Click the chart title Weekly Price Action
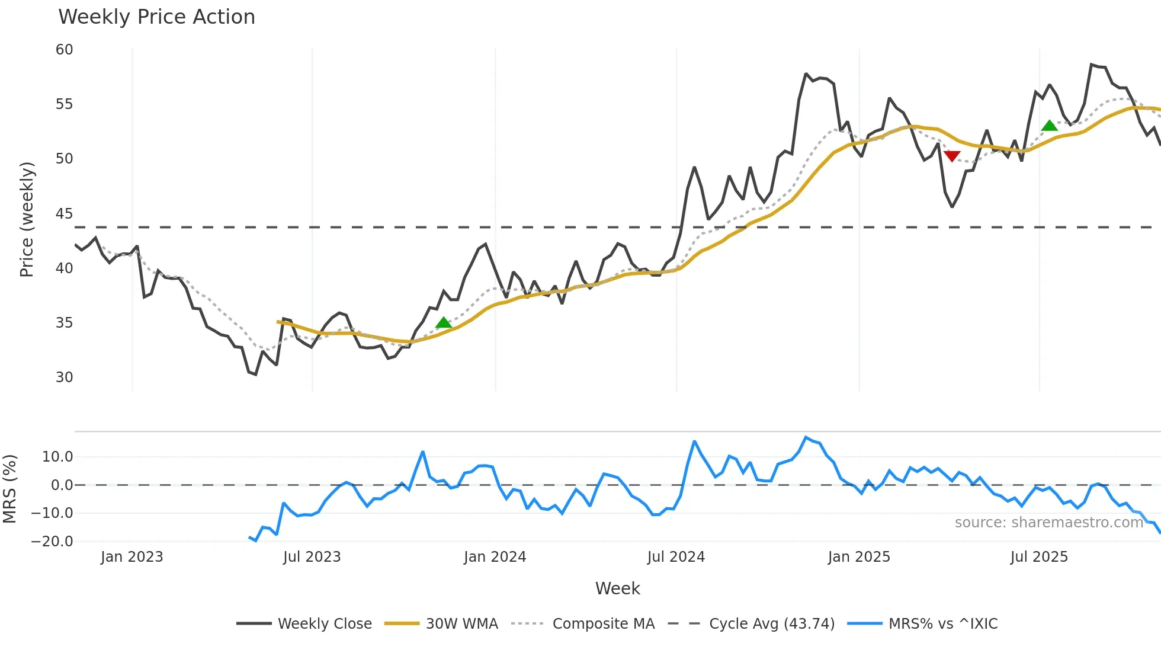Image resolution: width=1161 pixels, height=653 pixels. [x=156, y=17]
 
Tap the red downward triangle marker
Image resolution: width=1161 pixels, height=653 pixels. [x=952, y=156]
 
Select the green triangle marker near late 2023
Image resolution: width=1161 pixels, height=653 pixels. [x=444, y=323]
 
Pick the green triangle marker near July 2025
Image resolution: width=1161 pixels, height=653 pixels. [x=1050, y=126]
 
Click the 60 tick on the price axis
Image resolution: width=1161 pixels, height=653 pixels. [x=64, y=50]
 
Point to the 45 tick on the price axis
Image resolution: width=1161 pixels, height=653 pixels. [x=64, y=213]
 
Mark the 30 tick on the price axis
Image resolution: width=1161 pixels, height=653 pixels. [x=64, y=377]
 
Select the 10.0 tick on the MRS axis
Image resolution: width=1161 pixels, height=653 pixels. [x=57, y=457]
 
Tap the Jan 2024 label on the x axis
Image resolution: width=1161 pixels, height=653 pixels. [x=495, y=557]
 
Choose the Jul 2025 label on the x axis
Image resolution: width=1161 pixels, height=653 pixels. [x=1039, y=557]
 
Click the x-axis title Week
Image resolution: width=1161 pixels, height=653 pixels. [x=617, y=588]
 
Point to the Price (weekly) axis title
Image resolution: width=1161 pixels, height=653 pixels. [x=27, y=219]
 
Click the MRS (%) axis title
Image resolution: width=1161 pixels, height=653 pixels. [x=10, y=489]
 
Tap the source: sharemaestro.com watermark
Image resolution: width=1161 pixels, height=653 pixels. [x=1048, y=523]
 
